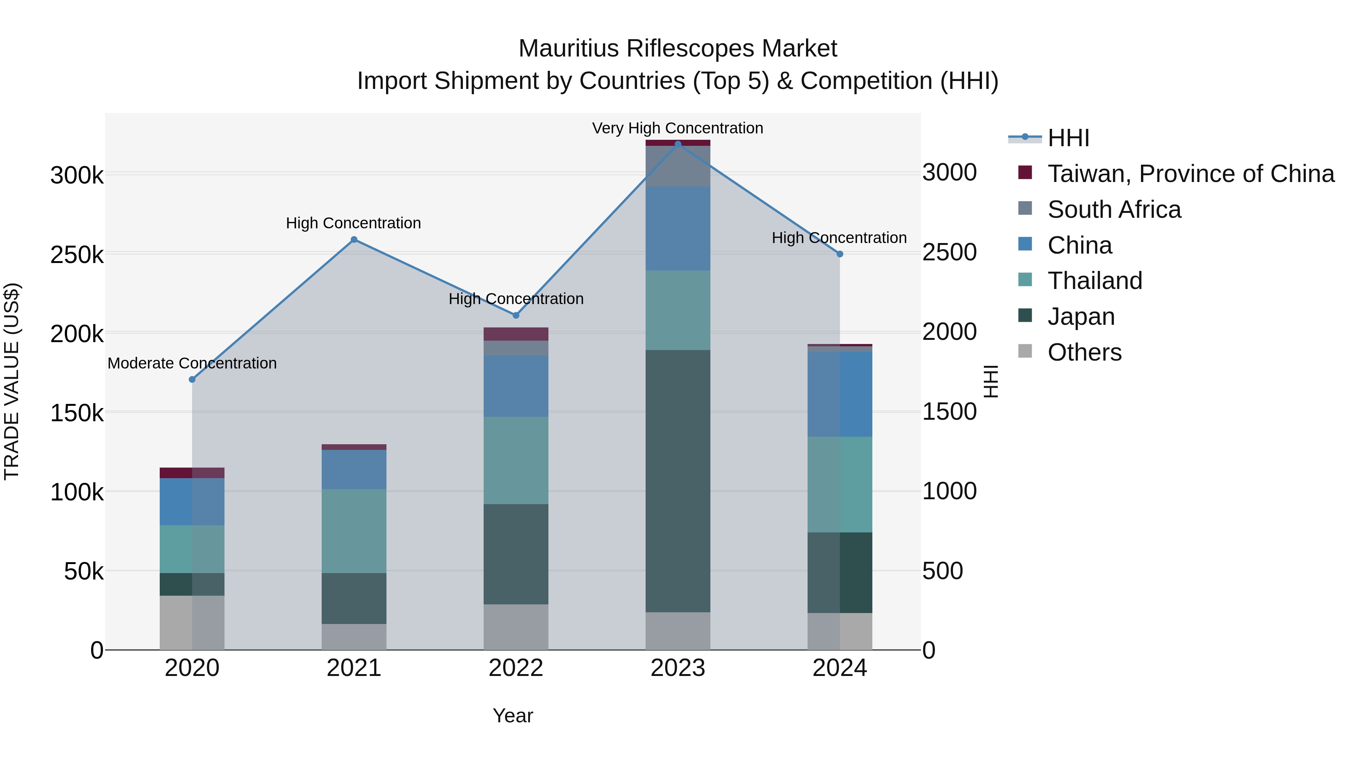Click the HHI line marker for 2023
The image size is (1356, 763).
click(678, 144)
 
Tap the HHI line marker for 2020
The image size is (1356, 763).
click(192, 379)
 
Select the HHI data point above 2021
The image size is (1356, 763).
click(354, 240)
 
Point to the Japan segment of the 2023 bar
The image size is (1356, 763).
click(678, 480)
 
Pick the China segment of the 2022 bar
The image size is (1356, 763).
click(516, 385)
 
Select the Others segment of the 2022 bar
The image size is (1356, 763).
click(516, 627)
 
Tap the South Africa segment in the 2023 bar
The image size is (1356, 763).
click(678, 166)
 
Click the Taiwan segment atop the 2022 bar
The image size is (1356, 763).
click(516, 334)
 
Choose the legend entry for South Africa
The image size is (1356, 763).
click(1114, 209)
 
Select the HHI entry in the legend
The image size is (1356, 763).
click(1068, 138)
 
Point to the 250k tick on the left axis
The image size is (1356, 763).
click(77, 255)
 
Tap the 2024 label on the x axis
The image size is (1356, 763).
click(840, 668)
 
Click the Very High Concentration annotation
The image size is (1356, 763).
click(678, 128)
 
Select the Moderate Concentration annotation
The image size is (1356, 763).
click(192, 363)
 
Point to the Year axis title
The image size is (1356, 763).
click(513, 716)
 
